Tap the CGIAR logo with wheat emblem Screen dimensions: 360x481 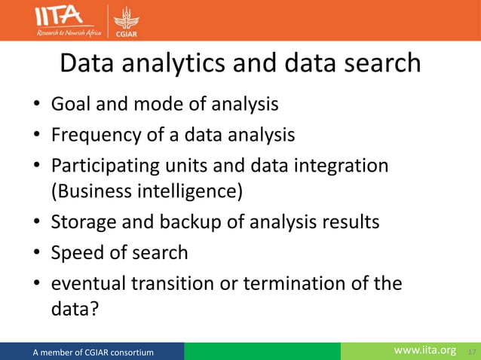[x=124, y=21]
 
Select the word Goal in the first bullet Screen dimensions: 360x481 [x=69, y=103]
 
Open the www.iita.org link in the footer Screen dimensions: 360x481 [x=426, y=351]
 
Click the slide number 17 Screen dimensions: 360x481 [x=472, y=352]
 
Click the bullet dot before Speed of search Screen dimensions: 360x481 [x=35, y=254]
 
